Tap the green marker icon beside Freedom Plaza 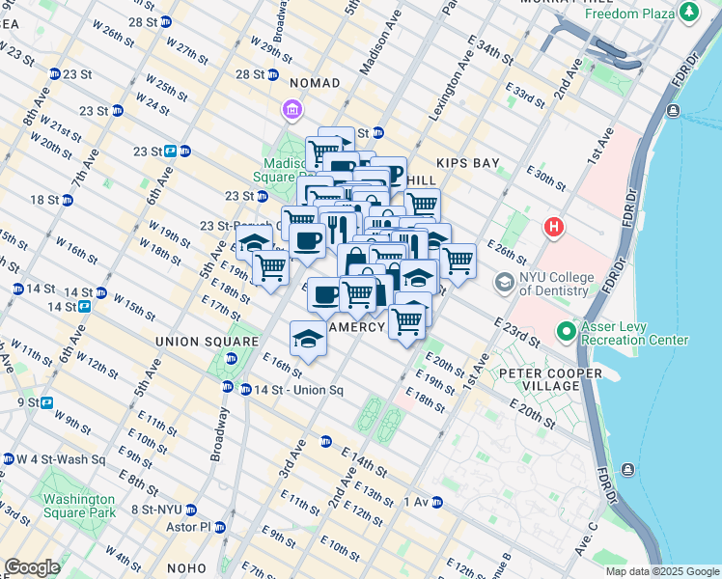coord(689,12)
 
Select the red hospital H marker coord(553,228)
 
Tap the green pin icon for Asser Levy coord(566,332)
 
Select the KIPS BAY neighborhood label coord(467,163)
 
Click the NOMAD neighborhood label coord(315,84)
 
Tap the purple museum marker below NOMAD coord(292,111)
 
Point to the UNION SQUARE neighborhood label coord(208,342)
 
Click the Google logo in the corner coord(32,568)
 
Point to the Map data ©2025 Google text coord(662,571)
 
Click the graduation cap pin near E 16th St coord(308,339)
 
